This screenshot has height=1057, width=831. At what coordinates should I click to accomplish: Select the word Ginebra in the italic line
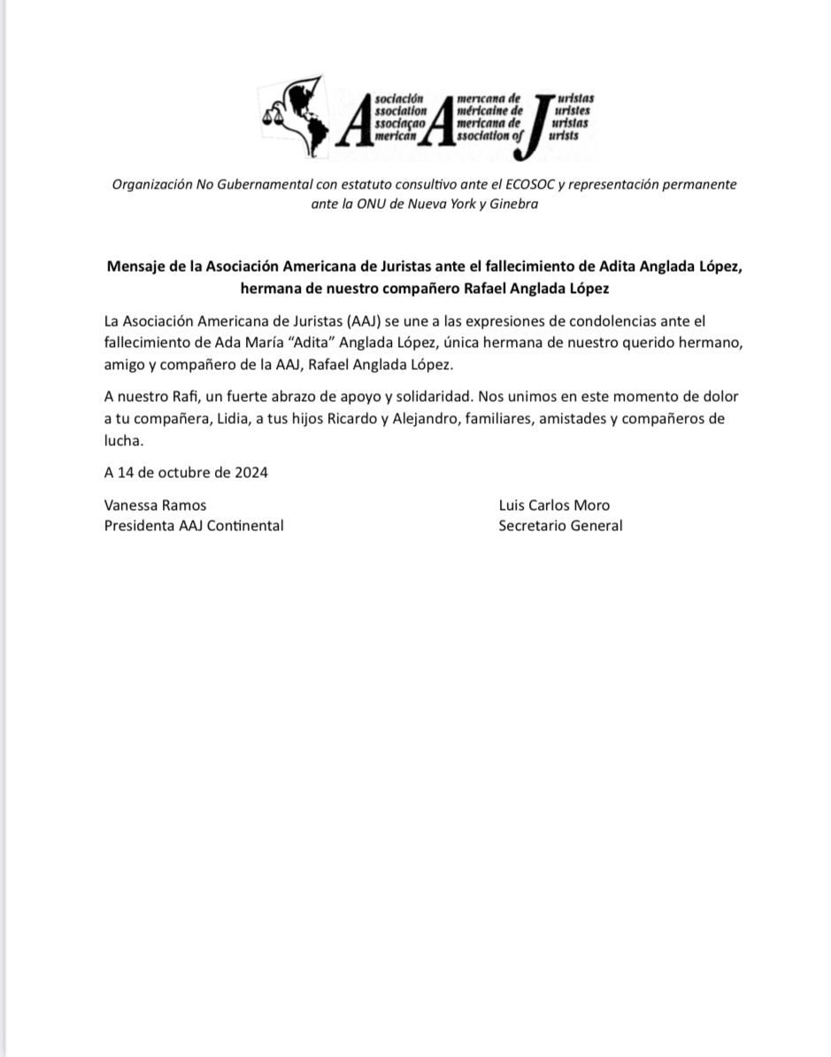(x=511, y=204)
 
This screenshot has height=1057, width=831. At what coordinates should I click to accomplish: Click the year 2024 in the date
(x=250, y=472)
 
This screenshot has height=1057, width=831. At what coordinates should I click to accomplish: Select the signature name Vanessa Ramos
(x=155, y=505)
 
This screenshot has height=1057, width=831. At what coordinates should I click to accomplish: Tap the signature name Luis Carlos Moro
(x=554, y=505)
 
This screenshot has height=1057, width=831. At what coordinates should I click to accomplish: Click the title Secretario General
(x=560, y=525)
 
